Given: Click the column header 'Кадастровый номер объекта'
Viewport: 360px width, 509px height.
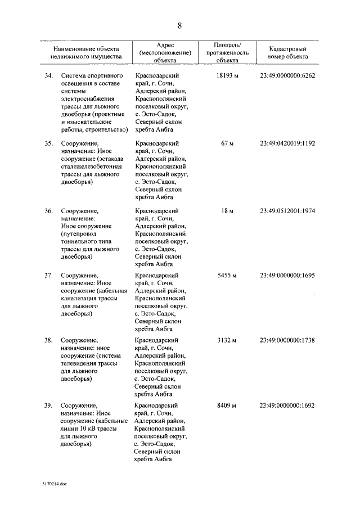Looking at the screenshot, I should click(289, 53).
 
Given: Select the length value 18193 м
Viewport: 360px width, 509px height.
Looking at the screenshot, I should click(227, 75).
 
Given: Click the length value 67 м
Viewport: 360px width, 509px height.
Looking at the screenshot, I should click(227, 143).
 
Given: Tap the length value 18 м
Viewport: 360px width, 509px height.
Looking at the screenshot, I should click(227, 210).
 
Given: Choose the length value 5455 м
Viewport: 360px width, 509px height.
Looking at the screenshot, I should click(227, 276).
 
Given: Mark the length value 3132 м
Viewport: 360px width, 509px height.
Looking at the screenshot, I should click(227, 340).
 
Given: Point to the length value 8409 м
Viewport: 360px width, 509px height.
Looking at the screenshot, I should click(227, 405).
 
